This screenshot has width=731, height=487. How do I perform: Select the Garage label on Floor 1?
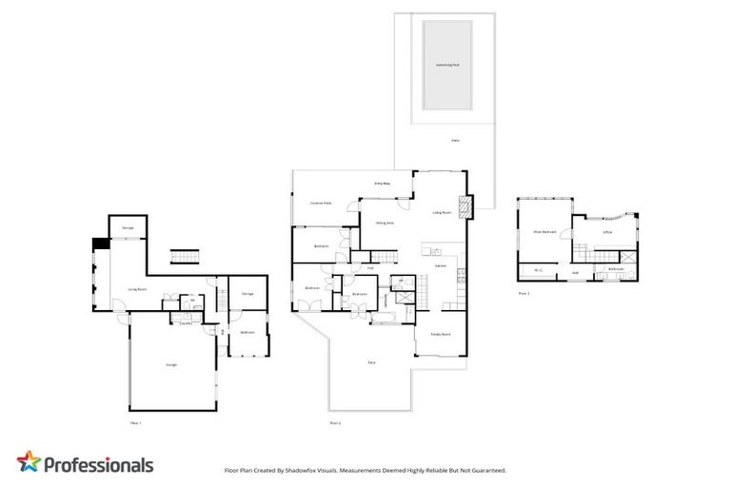171,364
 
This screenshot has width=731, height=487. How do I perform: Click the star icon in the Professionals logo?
30,463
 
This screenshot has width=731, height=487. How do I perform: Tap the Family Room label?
440,335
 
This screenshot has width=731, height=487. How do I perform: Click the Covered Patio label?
321,204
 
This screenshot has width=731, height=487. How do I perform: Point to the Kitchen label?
441,265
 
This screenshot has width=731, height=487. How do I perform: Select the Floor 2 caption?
334,422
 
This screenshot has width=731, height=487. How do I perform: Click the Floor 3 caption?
524,294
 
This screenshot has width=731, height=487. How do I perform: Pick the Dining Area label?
385,224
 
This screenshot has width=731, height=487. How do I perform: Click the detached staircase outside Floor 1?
183,259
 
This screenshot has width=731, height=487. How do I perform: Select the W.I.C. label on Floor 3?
539,270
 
